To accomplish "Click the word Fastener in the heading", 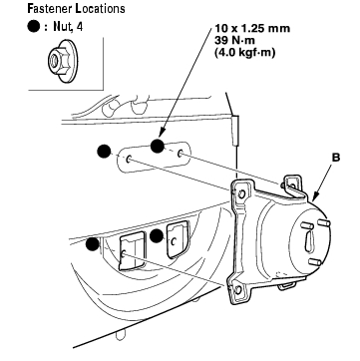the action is pyautogui.click(x=50, y=8).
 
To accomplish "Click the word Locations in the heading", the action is pyautogui.click(x=100, y=8).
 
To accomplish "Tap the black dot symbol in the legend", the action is pyautogui.click(x=34, y=27).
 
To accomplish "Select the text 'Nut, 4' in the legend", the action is pyautogui.click(x=68, y=27).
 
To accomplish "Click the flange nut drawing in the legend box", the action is pyautogui.click(x=63, y=61).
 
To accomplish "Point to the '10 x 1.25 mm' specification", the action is pyautogui.click(x=252, y=29).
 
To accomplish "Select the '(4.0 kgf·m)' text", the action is pyautogui.click(x=245, y=53).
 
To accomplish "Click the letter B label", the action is pyautogui.click(x=336, y=158).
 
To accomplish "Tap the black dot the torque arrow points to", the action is pyautogui.click(x=158, y=147).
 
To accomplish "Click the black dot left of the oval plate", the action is pyautogui.click(x=104, y=152).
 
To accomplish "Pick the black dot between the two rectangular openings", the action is pyautogui.click(x=157, y=236).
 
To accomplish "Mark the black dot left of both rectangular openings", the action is pyautogui.click(x=92, y=244).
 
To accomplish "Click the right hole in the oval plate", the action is pyautogui.click(x=180, y=154).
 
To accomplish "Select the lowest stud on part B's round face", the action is pyautogui.click(x=314, y=262).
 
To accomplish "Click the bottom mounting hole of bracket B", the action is pyautogui.click(x=238, y=289).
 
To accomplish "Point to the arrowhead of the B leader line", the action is pyautogui.click(x=314, y=199).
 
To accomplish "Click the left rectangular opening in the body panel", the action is pyautogui.click(x=133, y=251).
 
